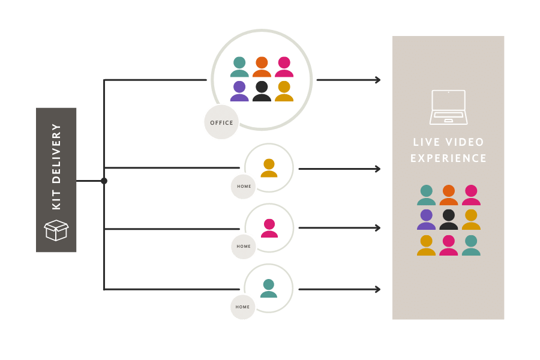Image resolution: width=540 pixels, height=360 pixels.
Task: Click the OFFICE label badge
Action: coord(221,122)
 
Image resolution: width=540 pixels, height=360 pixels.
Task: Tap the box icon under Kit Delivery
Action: coord(56,230)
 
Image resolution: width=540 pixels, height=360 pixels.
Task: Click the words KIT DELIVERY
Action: coord(56,166)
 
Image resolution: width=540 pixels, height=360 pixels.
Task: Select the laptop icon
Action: coord(449,107)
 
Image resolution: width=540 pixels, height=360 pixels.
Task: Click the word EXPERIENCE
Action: coord(449,158)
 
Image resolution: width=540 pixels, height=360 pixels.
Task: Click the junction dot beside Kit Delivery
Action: coord(104,181)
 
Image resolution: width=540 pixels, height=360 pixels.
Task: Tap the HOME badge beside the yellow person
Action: coord(244,186)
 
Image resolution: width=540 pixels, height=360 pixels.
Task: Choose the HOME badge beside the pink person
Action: coord(244,246)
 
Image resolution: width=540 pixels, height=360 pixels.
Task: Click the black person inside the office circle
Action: coord(262,91)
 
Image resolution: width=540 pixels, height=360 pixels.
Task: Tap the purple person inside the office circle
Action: coord(239,91)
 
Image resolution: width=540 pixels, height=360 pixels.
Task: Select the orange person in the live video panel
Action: coord(449,195)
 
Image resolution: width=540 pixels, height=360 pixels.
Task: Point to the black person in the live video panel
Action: coord(449,220)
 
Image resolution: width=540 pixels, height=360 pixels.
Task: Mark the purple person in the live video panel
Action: coord(427,220)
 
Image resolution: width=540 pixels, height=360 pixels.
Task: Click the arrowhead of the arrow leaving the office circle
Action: coord(377,80)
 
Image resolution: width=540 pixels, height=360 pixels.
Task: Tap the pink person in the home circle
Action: coord(269,228)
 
